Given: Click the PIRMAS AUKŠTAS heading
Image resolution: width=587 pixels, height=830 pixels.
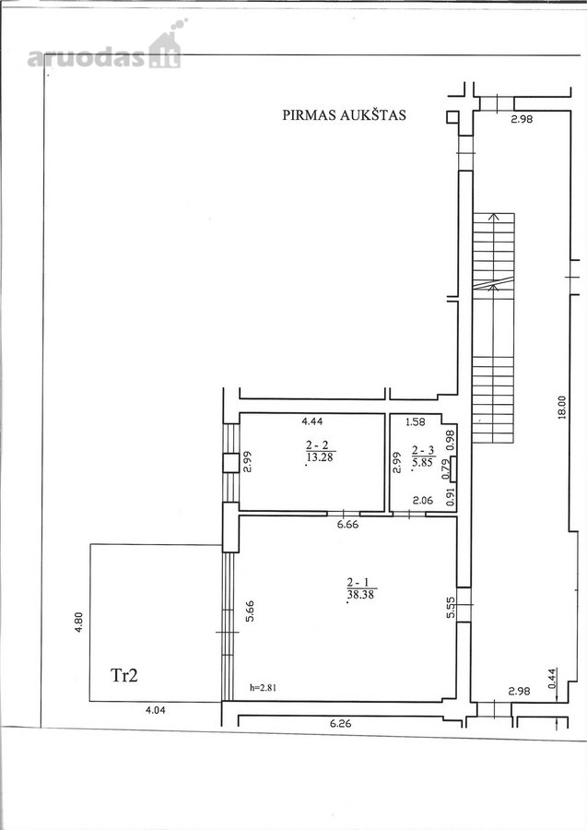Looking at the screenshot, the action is click(344, 115).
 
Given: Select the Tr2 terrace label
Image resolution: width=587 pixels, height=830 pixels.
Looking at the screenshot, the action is click(124, 675).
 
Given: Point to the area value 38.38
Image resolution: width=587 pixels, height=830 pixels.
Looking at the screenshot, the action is click(361, 595).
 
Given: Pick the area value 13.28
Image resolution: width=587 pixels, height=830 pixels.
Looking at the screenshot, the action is click(320, 456).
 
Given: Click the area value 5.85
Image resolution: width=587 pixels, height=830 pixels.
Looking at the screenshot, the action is click(424, 462).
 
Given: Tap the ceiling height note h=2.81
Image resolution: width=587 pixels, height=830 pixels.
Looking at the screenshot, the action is click(263, 688).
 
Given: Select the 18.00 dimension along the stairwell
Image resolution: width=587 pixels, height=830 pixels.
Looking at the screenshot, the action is click(561, 408).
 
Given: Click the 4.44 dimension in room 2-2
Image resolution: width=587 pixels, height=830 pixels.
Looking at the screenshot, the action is click(311, 421).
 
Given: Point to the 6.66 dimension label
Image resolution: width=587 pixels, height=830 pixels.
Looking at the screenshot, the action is click(347, 525).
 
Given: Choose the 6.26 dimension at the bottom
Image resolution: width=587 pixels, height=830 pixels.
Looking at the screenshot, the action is click(341, 724).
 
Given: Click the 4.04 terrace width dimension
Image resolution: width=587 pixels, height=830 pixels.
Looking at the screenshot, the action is click(155, 710).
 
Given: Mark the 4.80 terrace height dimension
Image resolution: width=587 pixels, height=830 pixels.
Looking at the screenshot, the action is click(78, 623).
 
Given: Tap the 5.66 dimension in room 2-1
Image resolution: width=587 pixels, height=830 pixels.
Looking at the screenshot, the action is click(249, 611).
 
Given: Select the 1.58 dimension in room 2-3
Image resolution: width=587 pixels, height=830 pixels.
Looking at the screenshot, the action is click(415, 421).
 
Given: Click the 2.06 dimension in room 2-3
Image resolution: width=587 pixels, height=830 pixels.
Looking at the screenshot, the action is click(423, 500).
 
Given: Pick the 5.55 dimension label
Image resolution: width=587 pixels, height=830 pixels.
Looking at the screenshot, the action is click(451, 607).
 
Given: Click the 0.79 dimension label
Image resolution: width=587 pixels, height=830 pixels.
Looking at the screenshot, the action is click(446, 470).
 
